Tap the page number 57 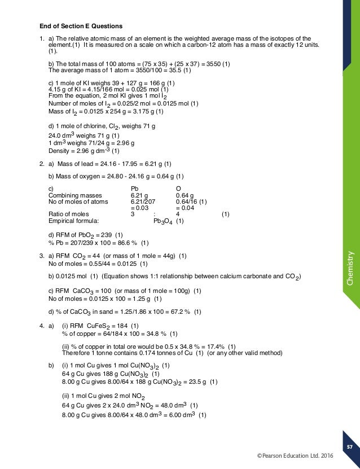pyautogui.click(x=349, y=446)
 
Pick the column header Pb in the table pyautogui.click(x=134, y=189)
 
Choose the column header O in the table pyautogui.click(x=178, y=189)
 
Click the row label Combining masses pyautogui.click(x=71, y=195)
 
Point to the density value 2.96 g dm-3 pyautogui.click(x=93, y=151)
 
